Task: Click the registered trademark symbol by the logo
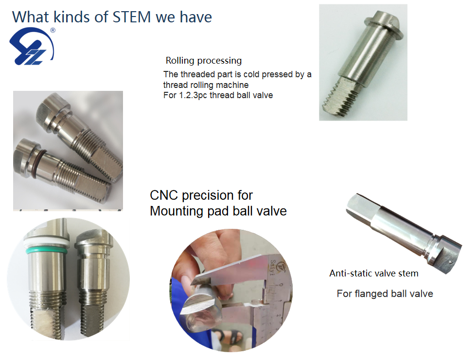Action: [x=53, y=30]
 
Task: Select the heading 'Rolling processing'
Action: [x=203, y=61]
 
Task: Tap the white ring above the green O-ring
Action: [x=46, y=241]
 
